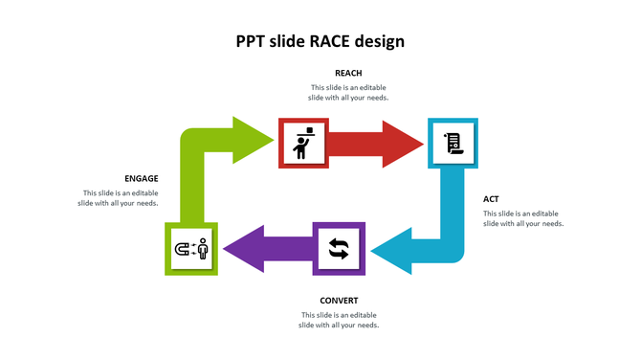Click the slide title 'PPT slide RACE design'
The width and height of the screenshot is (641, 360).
[320, 41]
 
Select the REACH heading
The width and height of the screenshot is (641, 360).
[348, 73]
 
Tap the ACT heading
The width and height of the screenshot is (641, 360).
[491, 199]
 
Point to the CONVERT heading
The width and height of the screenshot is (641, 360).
[339, 301]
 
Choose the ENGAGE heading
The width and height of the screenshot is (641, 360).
[142, 178]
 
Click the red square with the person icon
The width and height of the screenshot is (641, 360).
[303, 143]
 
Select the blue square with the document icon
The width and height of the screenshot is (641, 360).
[453, 143]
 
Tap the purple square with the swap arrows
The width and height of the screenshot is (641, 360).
[339, 248]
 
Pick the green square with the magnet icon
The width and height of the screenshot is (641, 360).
[191, 249]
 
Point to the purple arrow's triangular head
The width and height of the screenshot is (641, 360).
[243, 249]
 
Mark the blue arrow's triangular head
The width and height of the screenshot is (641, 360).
[392, 253]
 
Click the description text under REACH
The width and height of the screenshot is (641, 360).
[348, 93]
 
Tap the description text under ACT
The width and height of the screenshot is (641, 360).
[522, 218]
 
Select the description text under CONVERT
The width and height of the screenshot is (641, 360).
[339, 320]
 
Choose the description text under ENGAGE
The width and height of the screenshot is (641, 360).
[118, 198]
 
